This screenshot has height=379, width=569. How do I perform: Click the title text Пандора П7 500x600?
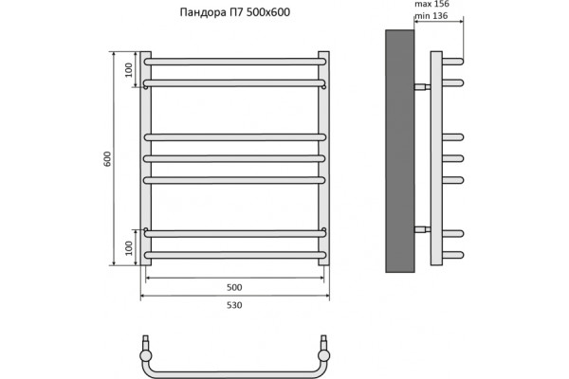click(235, 12)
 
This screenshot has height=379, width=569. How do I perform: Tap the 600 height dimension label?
click(108, 159)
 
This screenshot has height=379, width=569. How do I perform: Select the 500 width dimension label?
click(234, 288)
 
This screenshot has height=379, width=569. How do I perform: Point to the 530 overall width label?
click(234, 305)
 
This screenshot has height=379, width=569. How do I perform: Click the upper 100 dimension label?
click(129, 70)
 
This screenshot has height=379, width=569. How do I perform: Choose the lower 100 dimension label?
click(129, 248)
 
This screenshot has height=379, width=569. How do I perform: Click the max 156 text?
click(431, 4)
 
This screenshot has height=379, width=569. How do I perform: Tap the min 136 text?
click(431, 16)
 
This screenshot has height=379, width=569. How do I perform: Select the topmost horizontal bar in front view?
click(235, 62)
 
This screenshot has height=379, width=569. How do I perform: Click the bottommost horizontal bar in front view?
click(235, 255)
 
